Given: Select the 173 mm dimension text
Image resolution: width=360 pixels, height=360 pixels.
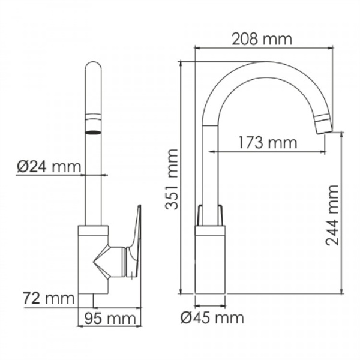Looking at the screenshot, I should pos(267,143).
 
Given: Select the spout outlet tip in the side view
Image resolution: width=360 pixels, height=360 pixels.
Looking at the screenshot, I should pos(322,125).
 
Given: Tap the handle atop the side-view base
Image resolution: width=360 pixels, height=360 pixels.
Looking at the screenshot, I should pos(211,215).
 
